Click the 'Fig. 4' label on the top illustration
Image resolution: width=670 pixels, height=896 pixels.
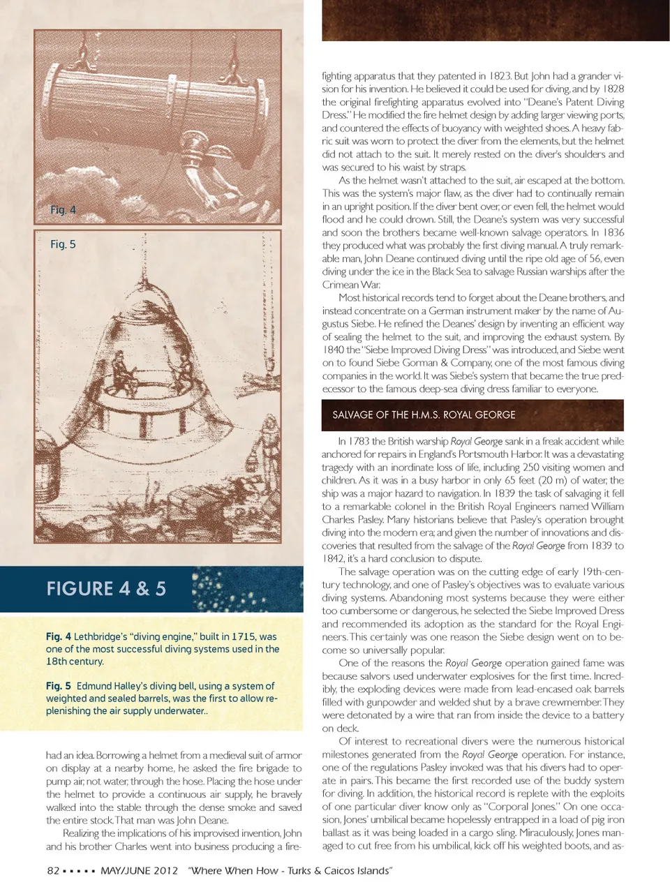click(x=63, y=209)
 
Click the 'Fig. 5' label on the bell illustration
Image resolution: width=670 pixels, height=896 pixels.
click(x=63, y=244)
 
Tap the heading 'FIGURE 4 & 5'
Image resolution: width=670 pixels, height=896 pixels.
click(x=106, y=588)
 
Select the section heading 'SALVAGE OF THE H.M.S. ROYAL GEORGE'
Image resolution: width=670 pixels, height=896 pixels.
click(x=424, y=415)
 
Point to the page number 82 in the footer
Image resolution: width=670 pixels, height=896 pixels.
click(x=53, y=870)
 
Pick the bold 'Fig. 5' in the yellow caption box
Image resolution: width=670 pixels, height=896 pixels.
click(x=59, y=686)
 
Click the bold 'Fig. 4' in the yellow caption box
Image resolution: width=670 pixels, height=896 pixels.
click(x=59, y=636)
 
